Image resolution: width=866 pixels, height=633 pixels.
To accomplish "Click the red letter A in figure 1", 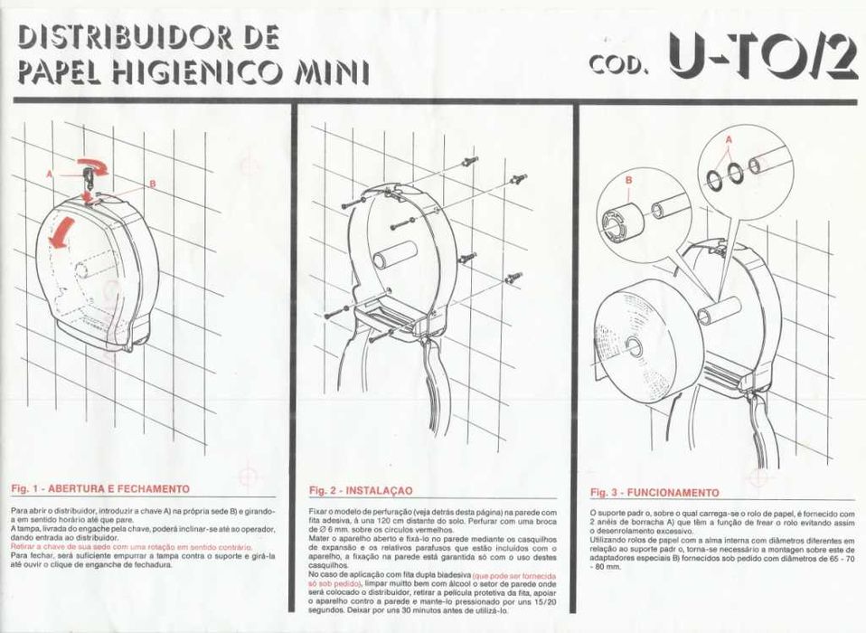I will [51, 170].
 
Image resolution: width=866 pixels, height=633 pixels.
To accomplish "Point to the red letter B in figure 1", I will [152, 184].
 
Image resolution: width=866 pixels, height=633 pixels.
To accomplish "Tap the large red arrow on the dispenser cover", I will [61, 235].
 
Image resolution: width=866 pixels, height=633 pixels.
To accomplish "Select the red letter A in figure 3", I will [729, 138].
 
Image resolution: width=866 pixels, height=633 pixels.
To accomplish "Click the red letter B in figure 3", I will [627, 179].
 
